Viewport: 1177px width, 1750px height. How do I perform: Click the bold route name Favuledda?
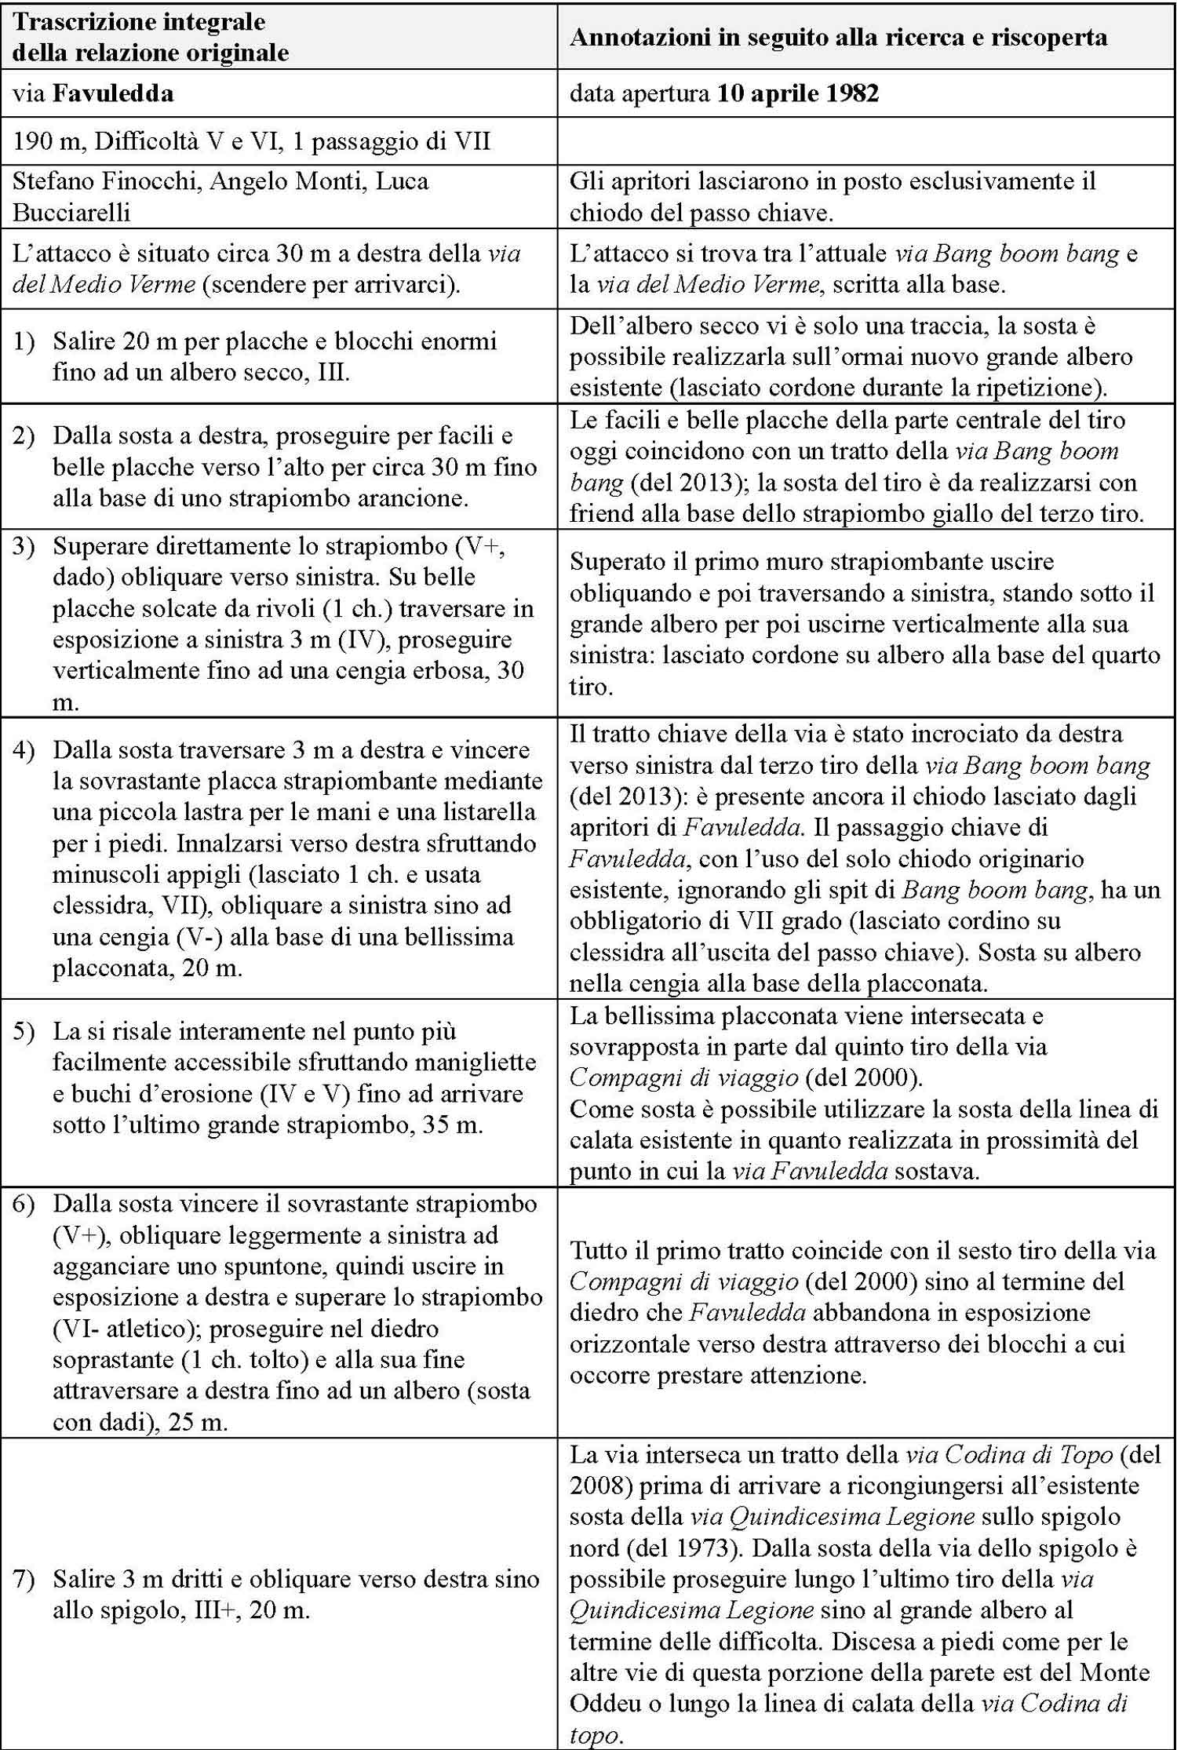click(x=113, y=95)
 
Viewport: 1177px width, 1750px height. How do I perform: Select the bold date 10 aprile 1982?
click(x=797, y=95)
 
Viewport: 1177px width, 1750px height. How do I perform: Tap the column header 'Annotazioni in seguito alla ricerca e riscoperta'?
click(x=838, y=38)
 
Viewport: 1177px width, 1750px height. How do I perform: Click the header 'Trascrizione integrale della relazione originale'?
click(x=151, y=37)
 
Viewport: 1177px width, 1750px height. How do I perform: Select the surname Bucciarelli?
click(x=71, y=213)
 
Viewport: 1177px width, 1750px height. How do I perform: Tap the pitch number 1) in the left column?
click(x=24, y=341)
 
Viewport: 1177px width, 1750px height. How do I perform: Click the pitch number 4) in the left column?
click(x=24, y=750)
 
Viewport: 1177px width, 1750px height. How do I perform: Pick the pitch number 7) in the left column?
click(x=24, y=1579)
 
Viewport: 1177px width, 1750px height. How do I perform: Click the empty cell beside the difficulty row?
click(x=866, y=141)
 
